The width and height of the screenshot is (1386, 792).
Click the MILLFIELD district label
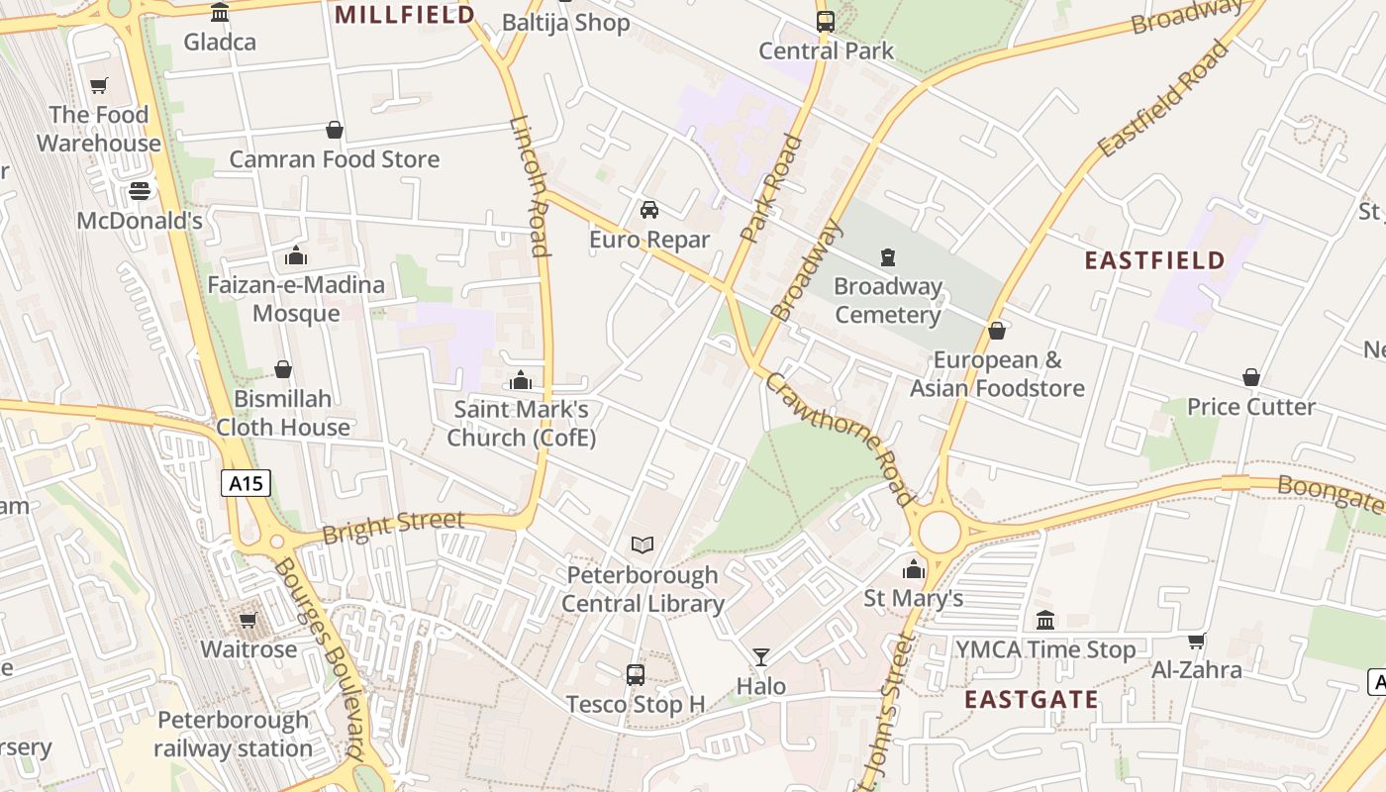(405, 15)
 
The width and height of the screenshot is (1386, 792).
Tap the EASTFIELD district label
(1154, 260)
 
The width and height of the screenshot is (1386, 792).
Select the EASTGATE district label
(1032, 700)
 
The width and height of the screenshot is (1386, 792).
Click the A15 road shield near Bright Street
(246, 483)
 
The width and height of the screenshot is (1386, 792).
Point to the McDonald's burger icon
(140, 191)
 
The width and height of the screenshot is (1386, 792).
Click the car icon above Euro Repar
(649, 210)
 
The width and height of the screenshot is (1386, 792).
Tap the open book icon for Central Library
(643, 544)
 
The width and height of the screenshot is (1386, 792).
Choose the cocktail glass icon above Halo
(760, 656)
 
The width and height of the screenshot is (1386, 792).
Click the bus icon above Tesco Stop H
(636, 675)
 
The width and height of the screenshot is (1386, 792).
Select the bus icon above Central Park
(825, 21)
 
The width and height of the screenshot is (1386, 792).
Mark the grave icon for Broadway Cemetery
(888, 257)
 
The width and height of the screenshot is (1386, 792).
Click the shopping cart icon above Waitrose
(247, 620)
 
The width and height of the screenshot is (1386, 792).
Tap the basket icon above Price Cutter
(1251, 377)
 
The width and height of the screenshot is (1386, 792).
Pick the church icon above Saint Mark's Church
(521, 380)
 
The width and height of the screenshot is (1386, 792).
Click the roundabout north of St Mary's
(940, 532)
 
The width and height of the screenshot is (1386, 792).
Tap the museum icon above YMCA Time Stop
(1044, 621)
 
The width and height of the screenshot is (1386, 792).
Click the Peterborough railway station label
(234, 734)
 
